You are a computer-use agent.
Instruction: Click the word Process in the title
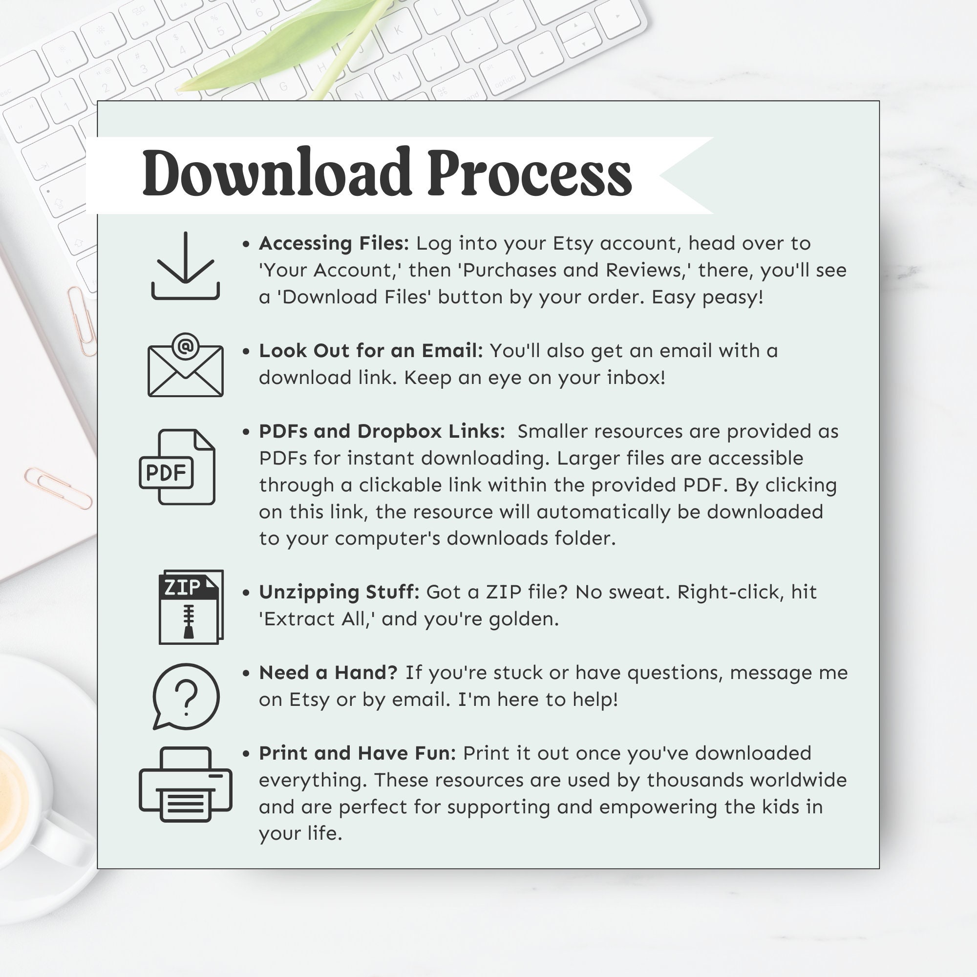pos(530,173)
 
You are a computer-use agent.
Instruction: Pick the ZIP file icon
pos(191,607)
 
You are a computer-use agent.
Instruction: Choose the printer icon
pos(185,785)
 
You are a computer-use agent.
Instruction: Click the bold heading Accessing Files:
pos(334,244)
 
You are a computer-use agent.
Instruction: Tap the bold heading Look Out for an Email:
pos(371,351)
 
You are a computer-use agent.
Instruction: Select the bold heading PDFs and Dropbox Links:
pos(382,431)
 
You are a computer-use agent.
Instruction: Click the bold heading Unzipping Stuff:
pos(339,592)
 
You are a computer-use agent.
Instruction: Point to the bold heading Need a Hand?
pos(328,673)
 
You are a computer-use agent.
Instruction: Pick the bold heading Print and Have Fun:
pos(358,753)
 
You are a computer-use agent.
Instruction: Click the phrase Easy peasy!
pos(707,297)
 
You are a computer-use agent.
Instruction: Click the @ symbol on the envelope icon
pos(186,346)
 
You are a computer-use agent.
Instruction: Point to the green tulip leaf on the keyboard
pos(273,56)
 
